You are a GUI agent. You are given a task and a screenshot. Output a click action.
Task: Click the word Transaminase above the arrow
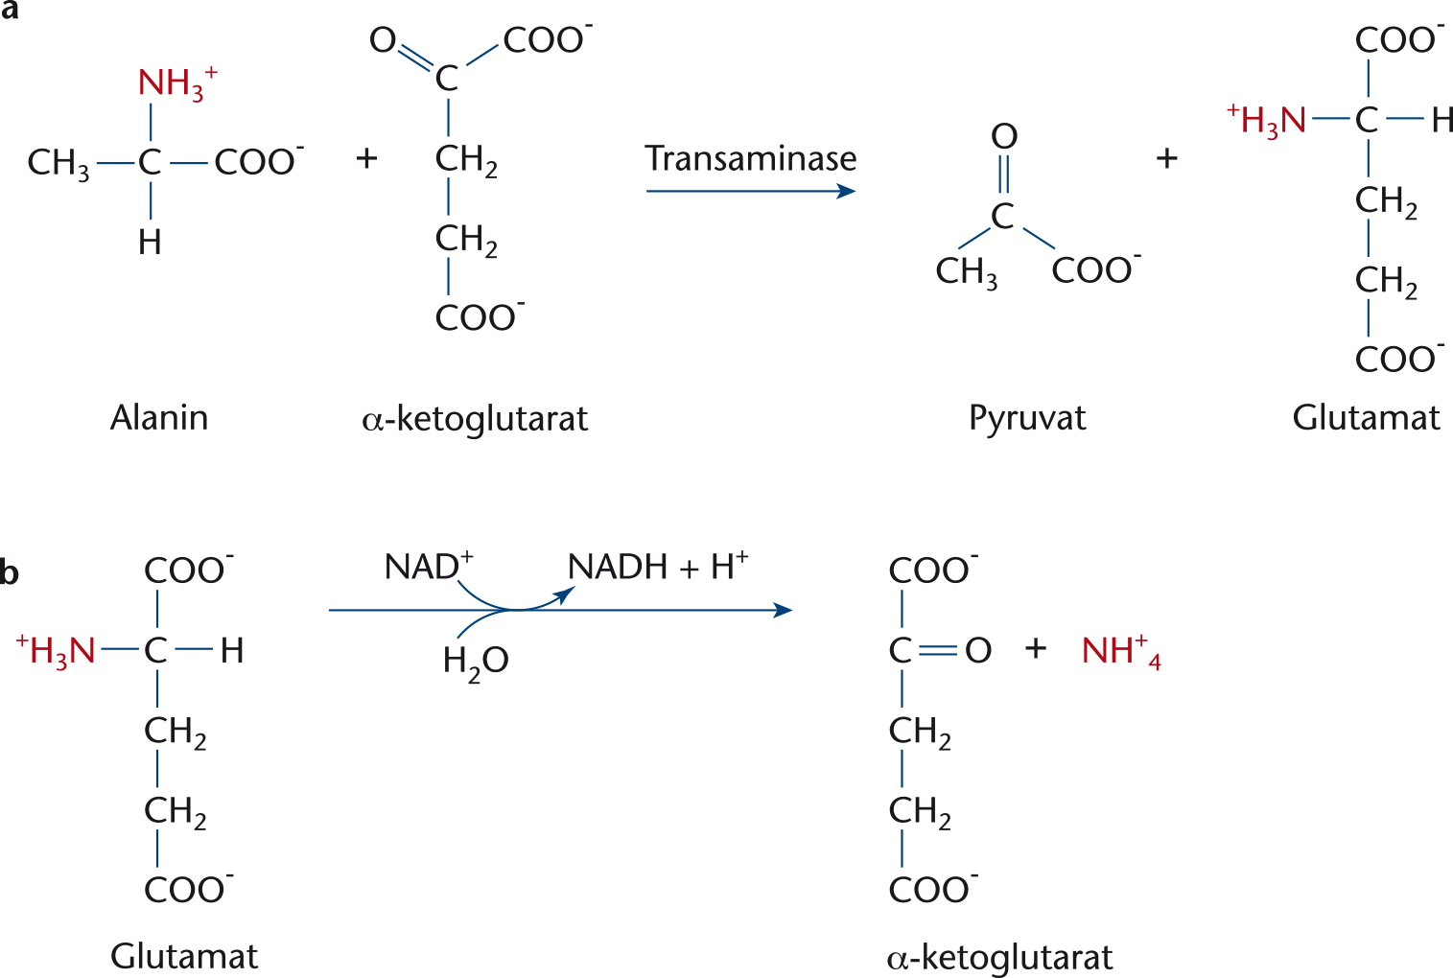(751, 158)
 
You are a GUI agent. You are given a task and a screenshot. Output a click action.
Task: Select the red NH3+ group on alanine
(177, 82)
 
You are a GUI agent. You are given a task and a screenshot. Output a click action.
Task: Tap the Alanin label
(159, 417)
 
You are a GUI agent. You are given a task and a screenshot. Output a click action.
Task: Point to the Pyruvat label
(1027, 418)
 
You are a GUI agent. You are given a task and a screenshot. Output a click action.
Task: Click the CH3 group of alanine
(59, 163)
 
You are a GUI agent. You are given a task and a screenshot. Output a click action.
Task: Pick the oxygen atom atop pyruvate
(1004, 136)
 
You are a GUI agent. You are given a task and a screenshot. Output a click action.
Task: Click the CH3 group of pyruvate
(967, 271)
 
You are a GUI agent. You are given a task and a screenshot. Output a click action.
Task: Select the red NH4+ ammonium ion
(1121, 650)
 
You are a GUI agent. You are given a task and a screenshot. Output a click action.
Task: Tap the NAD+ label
(429, 566)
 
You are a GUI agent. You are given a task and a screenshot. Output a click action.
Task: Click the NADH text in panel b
(618, 566)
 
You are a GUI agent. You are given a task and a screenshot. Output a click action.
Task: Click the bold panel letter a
(10, 11)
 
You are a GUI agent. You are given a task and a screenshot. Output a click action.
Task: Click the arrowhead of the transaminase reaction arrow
(847, 192)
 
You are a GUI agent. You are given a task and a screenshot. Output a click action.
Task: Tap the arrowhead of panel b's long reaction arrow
(784, 610)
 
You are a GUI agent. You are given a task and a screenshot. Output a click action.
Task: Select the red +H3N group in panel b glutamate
(56, 651)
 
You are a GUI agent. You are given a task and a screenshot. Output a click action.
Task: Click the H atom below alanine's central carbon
(150, 243)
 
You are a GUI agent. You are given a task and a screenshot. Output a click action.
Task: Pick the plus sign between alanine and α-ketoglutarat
(367, 159)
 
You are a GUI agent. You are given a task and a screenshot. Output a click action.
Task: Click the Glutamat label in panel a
(1366, 418)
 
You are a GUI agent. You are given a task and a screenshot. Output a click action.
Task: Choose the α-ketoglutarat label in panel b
(999, 958)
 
